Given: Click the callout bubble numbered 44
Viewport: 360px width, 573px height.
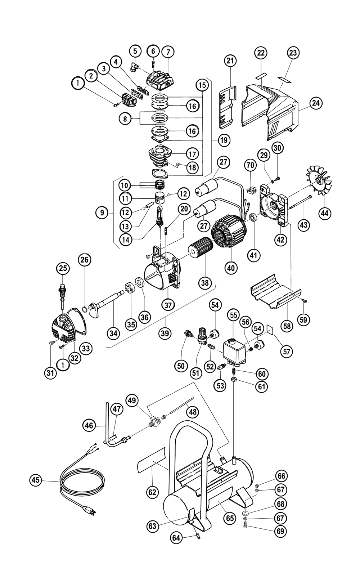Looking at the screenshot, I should (325, 213).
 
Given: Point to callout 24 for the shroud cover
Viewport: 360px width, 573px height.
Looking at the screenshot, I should (316, 103).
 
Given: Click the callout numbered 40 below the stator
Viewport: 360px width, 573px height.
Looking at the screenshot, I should (230, 268).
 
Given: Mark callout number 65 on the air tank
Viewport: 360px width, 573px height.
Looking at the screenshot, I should (230, 518).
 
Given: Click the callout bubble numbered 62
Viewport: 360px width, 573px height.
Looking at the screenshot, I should (153, 492).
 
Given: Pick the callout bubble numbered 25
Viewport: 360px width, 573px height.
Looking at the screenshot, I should (63, 268).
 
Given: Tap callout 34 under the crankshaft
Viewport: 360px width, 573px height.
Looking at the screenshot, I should (114, 333).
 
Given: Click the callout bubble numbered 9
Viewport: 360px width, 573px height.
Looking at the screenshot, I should (102, 213).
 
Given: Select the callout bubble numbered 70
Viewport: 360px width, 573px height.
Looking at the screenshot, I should (251, 166).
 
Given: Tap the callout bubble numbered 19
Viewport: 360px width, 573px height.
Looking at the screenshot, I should (224, 140).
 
